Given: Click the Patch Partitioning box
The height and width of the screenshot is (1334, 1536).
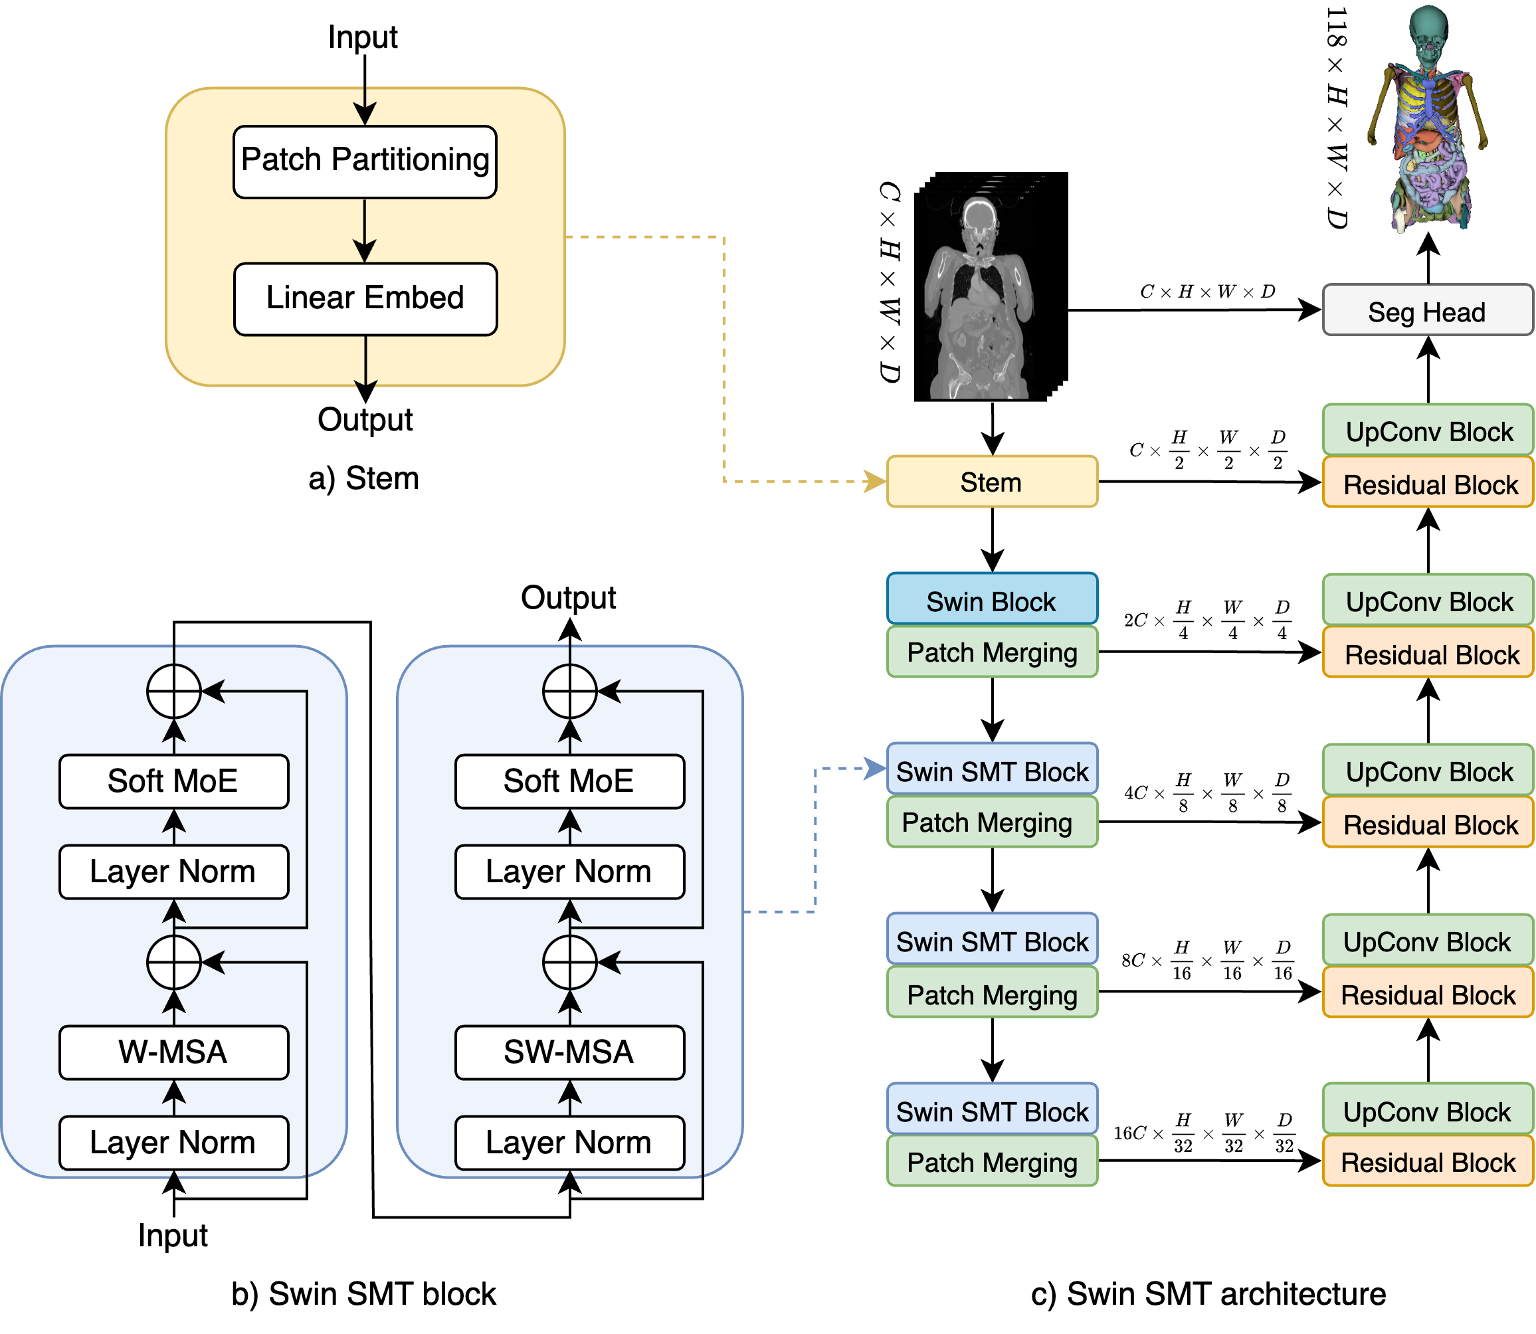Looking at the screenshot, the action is (x=365, y=161).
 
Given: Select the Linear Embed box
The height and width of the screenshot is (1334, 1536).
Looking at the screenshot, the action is (x=365, y=298).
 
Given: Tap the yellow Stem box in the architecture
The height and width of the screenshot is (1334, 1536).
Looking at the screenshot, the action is (x=992, y=482).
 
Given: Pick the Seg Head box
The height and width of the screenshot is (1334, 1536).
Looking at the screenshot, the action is (x=1427, y=310).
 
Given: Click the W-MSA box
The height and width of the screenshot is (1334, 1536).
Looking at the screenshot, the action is (x=173, y=1052).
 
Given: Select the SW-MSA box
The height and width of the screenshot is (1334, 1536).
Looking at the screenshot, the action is (x=569, y=1052).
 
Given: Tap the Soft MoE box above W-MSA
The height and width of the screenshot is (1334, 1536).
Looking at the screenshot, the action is (x=173, y=781).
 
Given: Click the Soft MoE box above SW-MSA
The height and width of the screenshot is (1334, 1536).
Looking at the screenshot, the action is (x=569, y=781).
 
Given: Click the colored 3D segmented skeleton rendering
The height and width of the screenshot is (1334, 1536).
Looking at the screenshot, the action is (x=1427, y=118).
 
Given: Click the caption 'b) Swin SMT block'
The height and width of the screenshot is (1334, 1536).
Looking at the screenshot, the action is (x=363, y=1293).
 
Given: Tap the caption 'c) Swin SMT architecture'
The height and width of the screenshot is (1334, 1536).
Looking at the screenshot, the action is (x=1208, y=1293).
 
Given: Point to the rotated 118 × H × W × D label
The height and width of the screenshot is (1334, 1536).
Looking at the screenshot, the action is (x=1337, y=118).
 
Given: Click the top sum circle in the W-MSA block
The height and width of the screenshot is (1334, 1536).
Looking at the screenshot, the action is (x=173, y=692).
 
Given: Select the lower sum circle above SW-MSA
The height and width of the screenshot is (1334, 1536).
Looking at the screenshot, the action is (x=569, y=962).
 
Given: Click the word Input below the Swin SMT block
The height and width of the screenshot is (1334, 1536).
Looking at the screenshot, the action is (x=173, y=1236).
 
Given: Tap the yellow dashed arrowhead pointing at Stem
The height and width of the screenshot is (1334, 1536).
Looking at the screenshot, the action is (x=875, y=482).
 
